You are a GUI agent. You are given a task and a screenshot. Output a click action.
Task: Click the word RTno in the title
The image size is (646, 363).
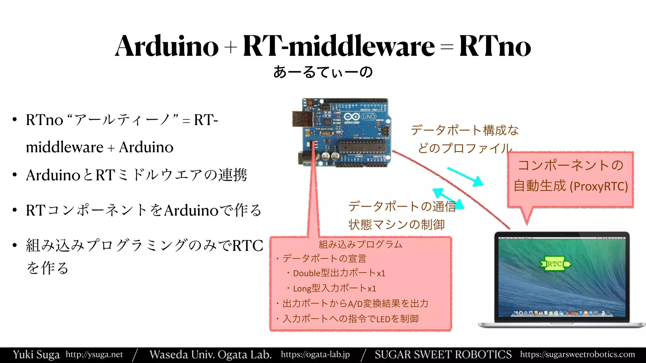(x=495, y=46)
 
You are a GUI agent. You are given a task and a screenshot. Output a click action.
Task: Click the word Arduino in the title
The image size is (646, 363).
(x=167, y=46)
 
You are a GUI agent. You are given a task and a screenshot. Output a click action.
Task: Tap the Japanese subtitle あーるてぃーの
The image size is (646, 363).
(x=323, y=72)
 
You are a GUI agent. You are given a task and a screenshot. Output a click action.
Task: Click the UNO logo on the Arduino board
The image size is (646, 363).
(x=368, y=117)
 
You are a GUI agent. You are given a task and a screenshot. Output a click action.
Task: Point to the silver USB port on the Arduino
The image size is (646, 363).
(x=302, y=119)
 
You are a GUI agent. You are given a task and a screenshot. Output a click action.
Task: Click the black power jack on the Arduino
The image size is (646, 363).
(x=304, y=158)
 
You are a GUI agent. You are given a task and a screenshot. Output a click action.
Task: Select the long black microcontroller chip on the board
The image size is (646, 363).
(x=362, y=147)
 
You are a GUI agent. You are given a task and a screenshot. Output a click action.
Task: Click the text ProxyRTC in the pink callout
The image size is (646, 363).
(x=599, y=186)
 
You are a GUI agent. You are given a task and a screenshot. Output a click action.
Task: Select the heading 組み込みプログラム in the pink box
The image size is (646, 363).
(x=360, y=245)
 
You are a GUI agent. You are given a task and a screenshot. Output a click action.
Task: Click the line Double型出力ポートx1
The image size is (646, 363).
(x=339, y=273)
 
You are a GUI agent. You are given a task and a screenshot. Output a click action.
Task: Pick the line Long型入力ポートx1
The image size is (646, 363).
(x=334, y=288)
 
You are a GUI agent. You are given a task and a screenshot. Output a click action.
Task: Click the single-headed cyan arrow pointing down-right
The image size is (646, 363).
(x=466, y=177)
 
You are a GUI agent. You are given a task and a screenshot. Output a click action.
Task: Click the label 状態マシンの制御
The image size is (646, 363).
(x=396, y=225)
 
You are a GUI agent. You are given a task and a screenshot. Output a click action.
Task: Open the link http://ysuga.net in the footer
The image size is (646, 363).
(x=94, y=354)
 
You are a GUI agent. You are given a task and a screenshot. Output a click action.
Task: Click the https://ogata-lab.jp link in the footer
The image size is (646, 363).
(x=315, y=354)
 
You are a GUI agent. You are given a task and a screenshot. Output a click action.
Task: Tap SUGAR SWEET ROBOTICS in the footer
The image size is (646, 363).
(x=443, y=354)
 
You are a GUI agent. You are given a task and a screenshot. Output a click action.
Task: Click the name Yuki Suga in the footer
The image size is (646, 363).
(x=36, y=354)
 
